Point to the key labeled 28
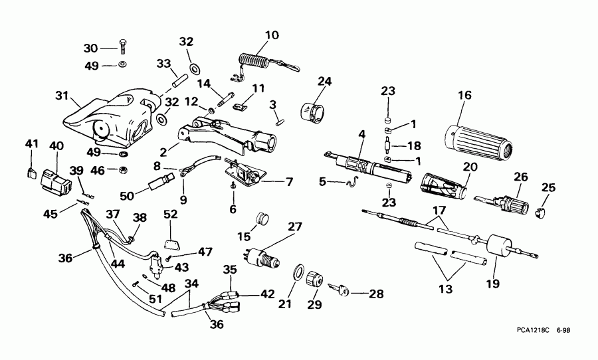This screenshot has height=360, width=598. (x=332, y=289)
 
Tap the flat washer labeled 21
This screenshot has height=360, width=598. (x=299, y=273)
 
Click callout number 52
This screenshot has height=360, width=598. (x=171, y=215)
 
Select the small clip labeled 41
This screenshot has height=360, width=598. (x=31, y=172)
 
